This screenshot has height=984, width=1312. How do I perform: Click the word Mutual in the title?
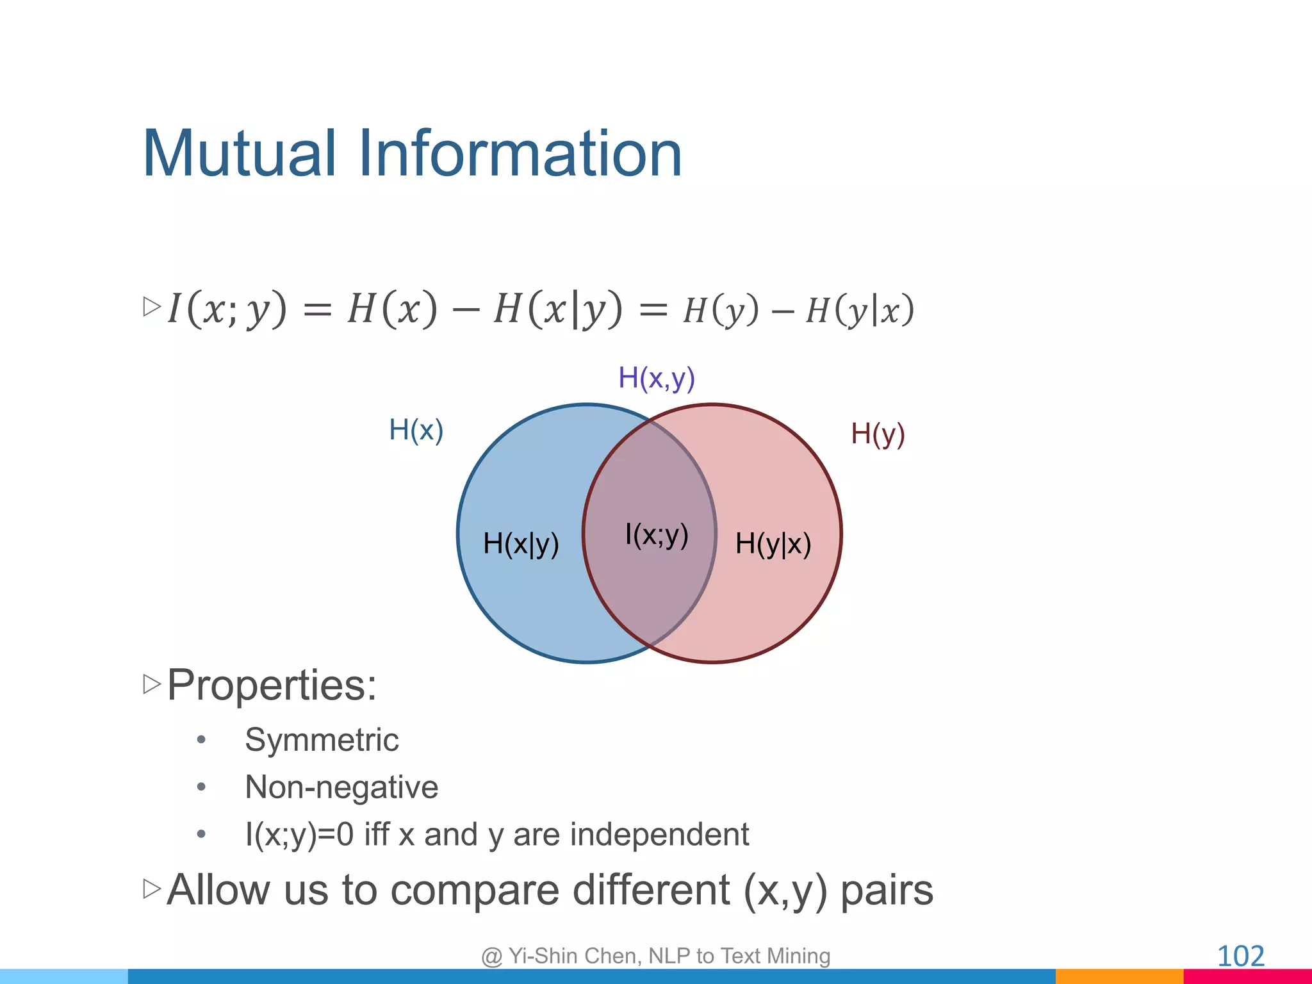[238, 154]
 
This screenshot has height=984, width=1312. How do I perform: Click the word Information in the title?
[520, 154]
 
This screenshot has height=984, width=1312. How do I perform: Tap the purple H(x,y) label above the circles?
[656, 378]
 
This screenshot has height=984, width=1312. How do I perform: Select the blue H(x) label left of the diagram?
[416, 430]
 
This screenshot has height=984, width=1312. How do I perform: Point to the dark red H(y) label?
[877, 434]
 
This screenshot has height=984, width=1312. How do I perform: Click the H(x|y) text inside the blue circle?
[521, 544]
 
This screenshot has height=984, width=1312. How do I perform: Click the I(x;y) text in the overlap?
[656, 534]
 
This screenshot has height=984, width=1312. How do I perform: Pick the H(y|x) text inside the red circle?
[773, 544]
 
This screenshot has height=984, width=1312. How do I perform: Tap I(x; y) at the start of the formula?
[227, 309]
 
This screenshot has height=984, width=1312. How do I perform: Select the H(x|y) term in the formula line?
[557, 309]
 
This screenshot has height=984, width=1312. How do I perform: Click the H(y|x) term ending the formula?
[859, 311]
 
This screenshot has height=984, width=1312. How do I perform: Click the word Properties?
[272, 685]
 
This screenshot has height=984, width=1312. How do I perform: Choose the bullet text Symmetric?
[322, 740]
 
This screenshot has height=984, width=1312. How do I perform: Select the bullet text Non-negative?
[341, 787]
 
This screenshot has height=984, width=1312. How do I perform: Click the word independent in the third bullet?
[659, 834]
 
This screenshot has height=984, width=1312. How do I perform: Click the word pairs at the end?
[886, 890]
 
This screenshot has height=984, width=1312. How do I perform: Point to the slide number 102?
[1240, 956]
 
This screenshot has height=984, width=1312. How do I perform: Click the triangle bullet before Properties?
[151, 684]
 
